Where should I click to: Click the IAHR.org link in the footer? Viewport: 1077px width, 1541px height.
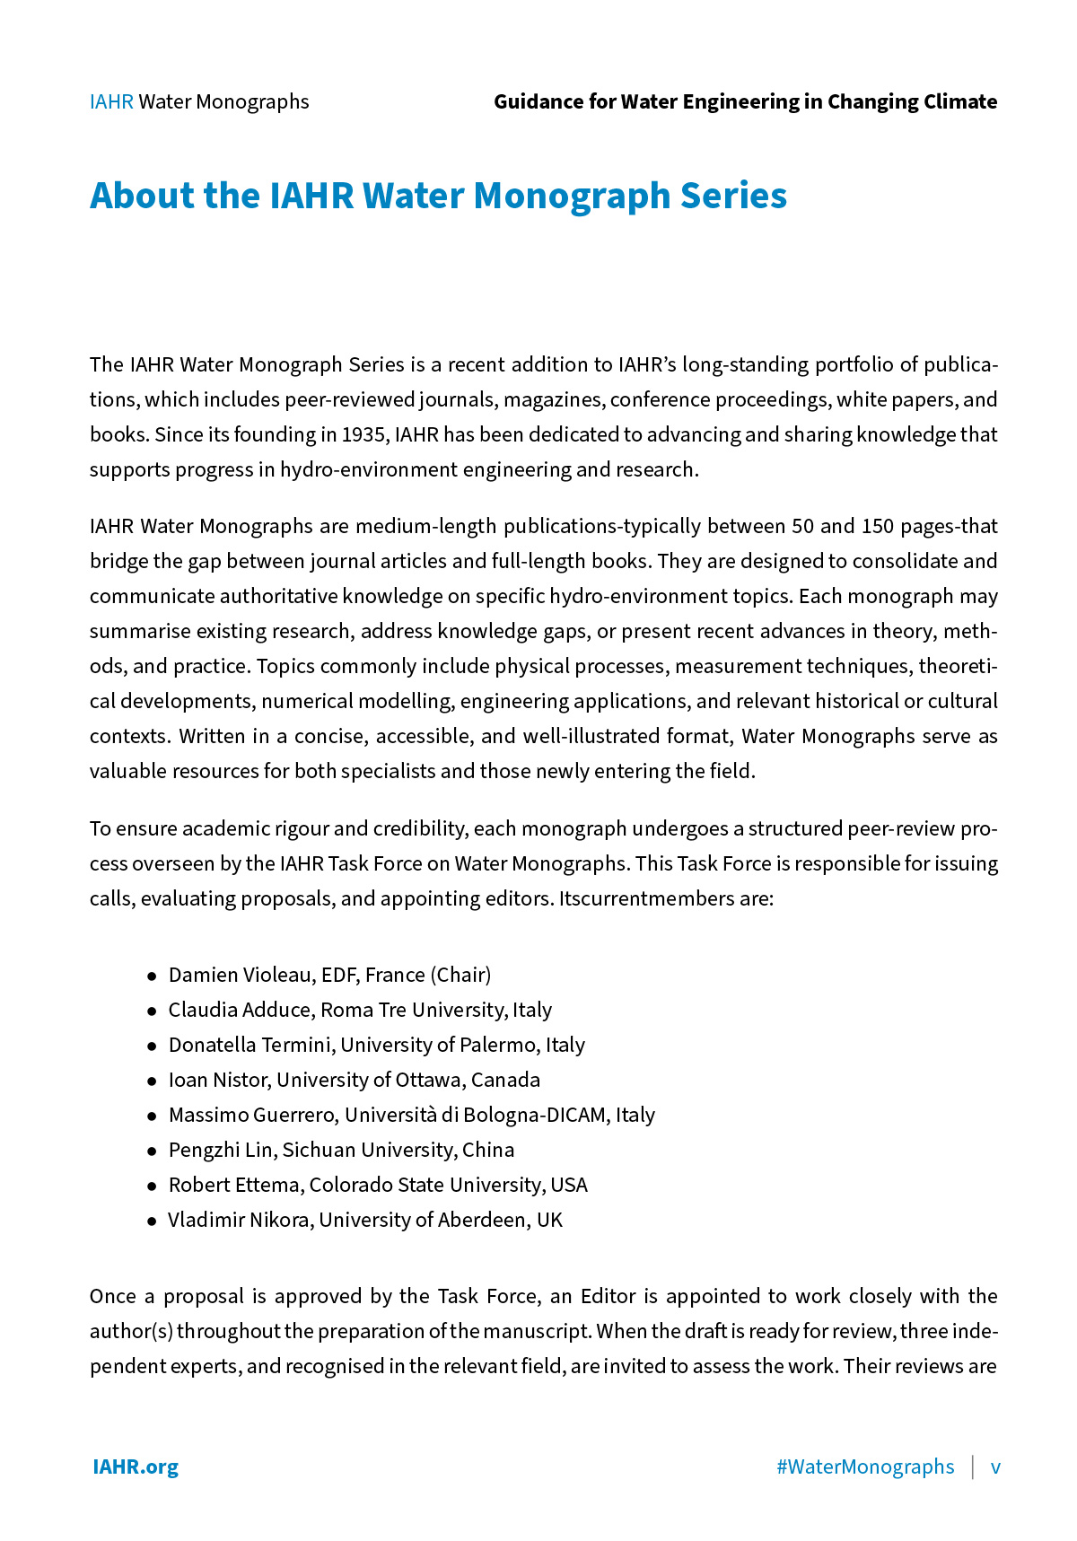pos(136,1467)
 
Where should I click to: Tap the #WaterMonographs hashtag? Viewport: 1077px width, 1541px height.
pos(865,1467)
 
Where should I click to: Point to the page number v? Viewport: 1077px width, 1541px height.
pos(995,1467)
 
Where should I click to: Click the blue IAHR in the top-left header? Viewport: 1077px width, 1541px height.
pos(111,101)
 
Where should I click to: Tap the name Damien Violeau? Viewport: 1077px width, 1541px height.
pos(240,975)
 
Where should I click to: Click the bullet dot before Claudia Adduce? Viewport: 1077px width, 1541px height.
pos(152,1011)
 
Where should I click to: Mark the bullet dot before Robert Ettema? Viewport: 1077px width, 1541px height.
pos(152,1186)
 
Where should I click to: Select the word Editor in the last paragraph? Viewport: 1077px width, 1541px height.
pos(608,1296)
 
